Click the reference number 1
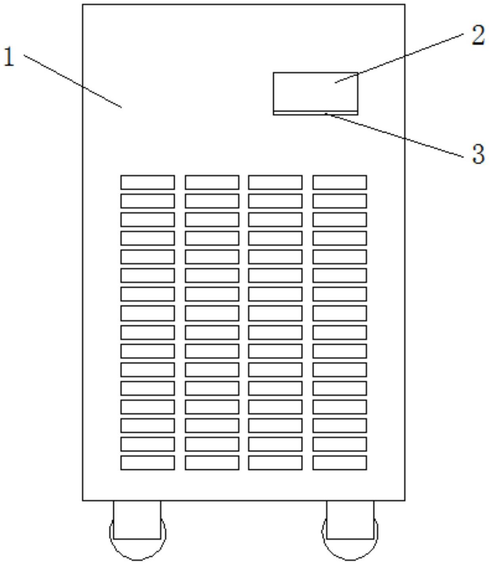click(9, 57)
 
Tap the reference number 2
click(478, 35)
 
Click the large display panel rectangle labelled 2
click(315, 92)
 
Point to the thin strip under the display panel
click(315, 113)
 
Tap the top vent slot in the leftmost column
click(148, 182)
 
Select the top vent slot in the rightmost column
click(339, 182)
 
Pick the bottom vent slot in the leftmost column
click(148, 463)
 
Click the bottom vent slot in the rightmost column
click(339, 463)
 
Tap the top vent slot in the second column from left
click(212, 182)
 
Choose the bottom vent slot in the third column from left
click(275, 463)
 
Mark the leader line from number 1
click(73, 81)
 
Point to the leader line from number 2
click(399, 58)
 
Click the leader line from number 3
click(394, 135)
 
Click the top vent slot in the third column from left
click(275, 182)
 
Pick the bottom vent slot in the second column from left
click(212, 463)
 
